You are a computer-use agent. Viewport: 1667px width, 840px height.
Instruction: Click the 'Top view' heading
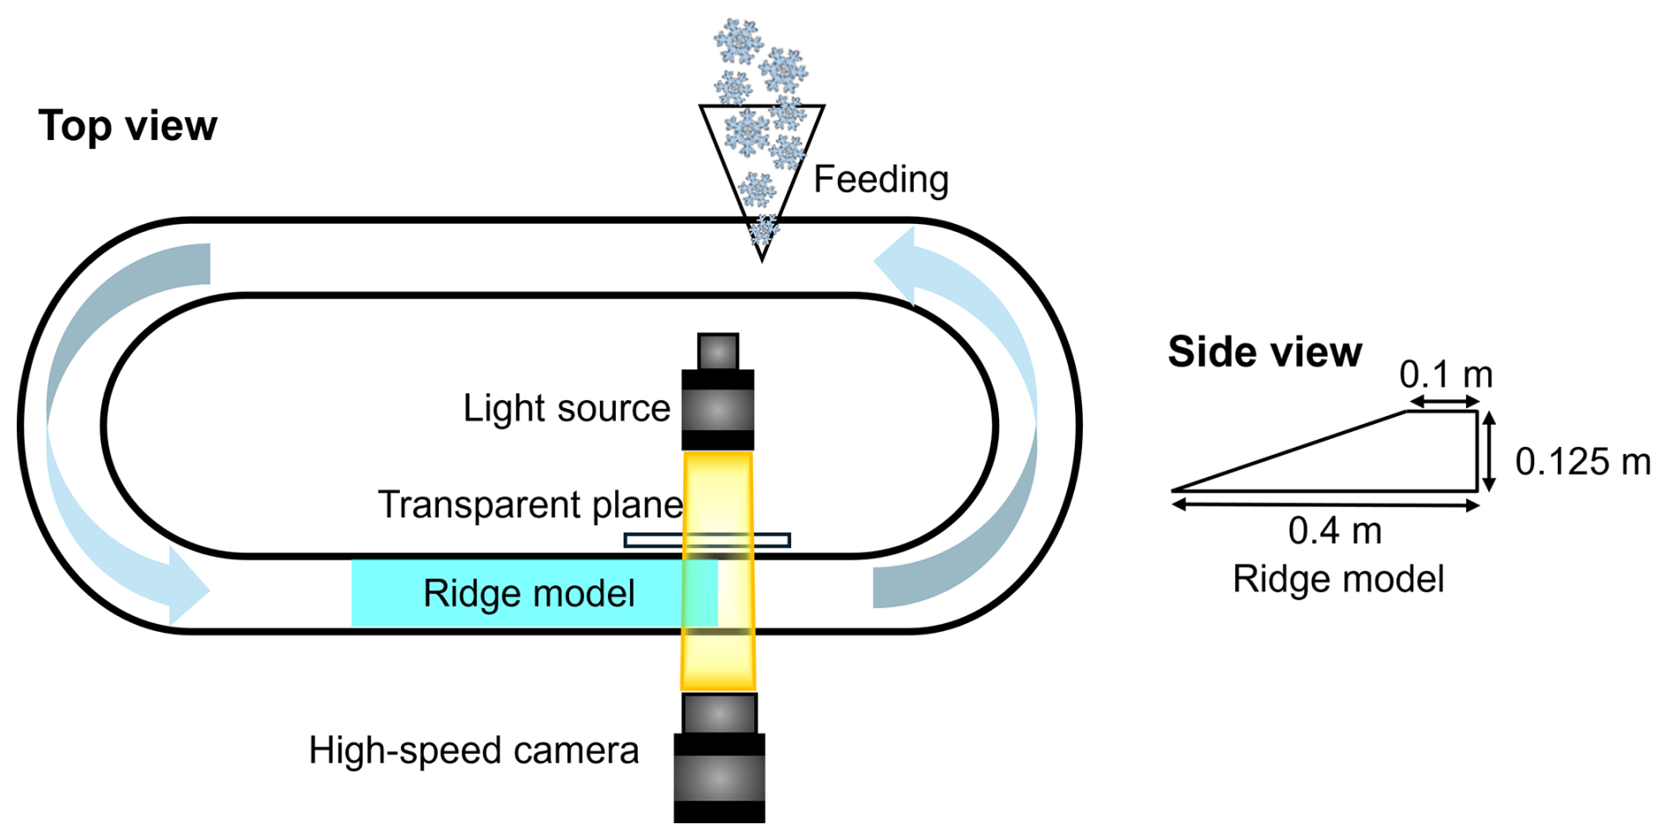click(128, 126)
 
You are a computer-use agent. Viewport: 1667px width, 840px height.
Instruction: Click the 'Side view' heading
click(1264, 352)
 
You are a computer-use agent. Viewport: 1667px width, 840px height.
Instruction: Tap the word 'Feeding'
click(880, 180)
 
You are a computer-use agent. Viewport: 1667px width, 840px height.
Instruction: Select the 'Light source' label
click(567, 409)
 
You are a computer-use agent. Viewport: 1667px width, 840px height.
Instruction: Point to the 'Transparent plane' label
click(530, 505)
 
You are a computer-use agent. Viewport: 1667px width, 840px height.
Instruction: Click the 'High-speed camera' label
click(473, 751)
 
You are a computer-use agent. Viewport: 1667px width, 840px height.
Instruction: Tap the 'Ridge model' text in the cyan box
click(529, 594)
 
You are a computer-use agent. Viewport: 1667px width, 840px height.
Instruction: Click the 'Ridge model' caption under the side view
click(1337, 580)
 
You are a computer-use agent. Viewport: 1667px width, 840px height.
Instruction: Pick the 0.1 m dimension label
click(1446, 375)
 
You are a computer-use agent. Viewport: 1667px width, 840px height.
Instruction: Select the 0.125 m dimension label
click(1582, 462)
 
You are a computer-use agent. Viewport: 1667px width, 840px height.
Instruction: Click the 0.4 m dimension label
click(1335, 531)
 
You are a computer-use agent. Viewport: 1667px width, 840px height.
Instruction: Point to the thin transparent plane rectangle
click(707, 540)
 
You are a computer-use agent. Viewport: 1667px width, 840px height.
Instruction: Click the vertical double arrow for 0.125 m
click(1489, 451)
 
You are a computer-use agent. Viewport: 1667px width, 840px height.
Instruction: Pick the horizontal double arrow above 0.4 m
click(1325, 505)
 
